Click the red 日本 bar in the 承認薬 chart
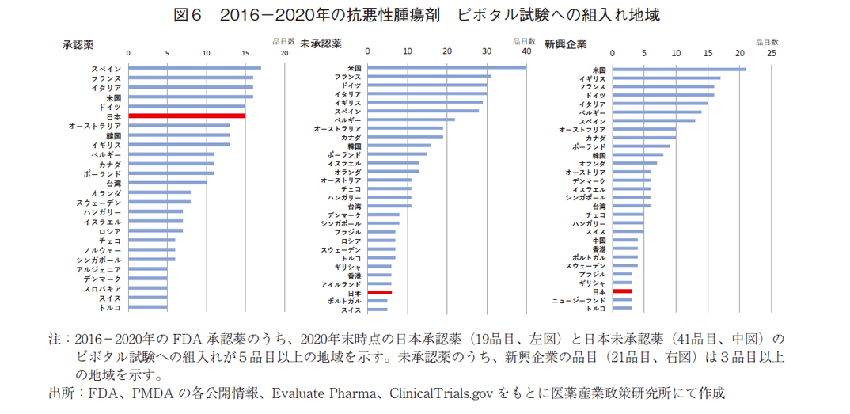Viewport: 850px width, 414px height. (187, 116)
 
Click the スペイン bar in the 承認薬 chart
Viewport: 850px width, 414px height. (195, 68)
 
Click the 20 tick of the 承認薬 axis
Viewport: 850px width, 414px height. (284, 54)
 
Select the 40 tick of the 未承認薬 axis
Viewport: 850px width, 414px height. (526, 53)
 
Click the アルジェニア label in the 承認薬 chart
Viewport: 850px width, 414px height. (99, 269)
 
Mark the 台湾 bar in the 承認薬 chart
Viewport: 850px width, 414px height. (167, 182)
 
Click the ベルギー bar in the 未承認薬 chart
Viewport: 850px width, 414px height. (412, 120)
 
